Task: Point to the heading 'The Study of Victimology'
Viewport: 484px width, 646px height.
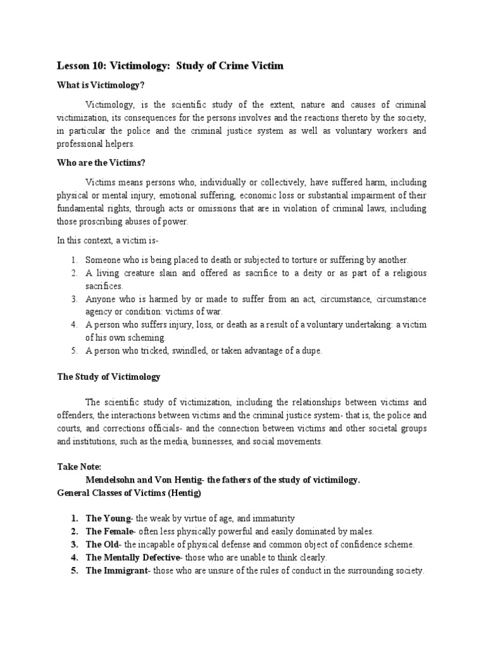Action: coord(108,377)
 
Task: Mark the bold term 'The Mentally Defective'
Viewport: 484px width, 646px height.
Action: coord(133,558)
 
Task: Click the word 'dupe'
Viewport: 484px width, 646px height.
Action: coord(310,351)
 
